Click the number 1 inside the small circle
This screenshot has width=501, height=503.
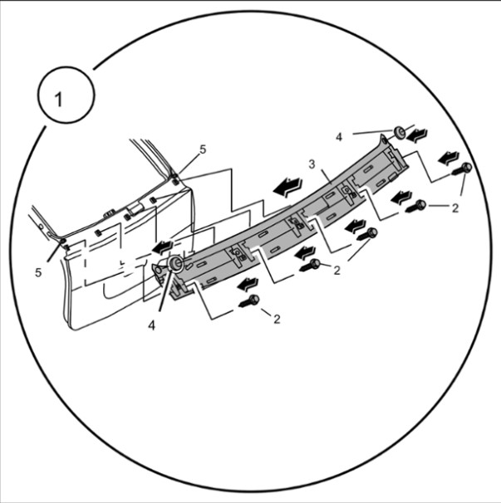pos(58,100)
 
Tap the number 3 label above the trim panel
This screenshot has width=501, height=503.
pos(312,164)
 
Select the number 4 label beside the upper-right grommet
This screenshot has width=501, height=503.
pos(339,137)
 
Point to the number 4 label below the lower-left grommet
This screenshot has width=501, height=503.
pos(151,325)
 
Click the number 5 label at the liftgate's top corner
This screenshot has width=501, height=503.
pos(203,149)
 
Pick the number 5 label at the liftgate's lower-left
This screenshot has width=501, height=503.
pos(38,273)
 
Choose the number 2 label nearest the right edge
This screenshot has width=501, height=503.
pos(455,208)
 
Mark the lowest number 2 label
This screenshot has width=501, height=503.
pos(277,320)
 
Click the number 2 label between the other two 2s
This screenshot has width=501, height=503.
pos(336,271)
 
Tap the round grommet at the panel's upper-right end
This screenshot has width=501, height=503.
pos(399,132)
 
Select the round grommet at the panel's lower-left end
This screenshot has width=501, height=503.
pos(175,263)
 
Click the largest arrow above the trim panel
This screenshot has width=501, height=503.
pos(287,187)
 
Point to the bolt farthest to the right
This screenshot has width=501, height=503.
pos(461,169)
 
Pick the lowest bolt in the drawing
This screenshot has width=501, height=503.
pos(249,301)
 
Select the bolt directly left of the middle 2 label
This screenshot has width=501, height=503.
pos(310,265)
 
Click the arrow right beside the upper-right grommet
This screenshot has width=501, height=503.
pos(417,135)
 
